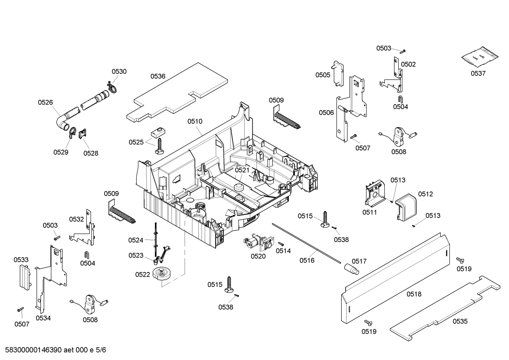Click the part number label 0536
(158, 76)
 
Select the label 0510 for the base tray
(195, 121)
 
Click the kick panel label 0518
(414, 294)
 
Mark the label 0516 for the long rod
(307, 260)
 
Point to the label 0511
(370, 212)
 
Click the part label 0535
(460, 321)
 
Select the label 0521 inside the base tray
(242, 170)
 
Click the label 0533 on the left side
(21, 260)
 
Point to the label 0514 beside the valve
(283, 251)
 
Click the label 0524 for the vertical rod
(136, 240)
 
